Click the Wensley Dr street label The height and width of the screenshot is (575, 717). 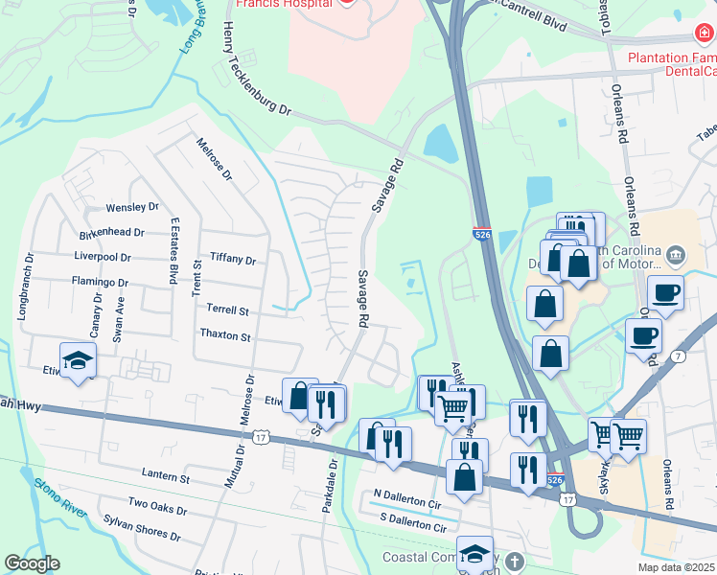[x=132, y=207]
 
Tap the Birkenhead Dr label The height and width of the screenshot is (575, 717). [x=113, y=232]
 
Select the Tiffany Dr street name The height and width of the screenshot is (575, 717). [x=233, y=260]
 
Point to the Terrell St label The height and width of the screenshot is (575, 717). [x=227, y=310]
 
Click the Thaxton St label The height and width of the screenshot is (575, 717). [x=224, y=336]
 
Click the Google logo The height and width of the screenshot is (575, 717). [x=32, y=563]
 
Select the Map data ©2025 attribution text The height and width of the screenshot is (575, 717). [x=676, y=567]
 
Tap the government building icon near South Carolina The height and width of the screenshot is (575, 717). [x=676, y=254]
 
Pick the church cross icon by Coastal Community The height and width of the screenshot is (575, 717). [x=514, y=561]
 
